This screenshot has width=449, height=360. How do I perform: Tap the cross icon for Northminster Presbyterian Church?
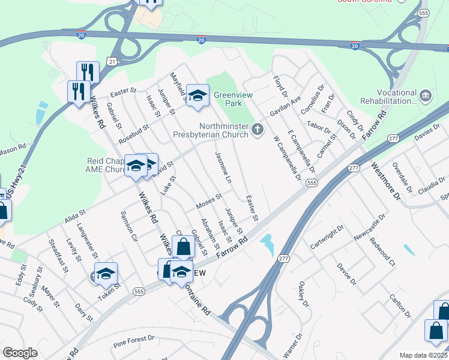coord(258,130)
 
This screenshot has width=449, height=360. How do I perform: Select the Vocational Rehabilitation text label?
coord(389,97)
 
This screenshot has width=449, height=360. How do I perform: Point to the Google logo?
coord(20,353)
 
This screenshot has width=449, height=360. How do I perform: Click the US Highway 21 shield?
coord(111,61)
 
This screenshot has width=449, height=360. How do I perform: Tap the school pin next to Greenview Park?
coord(197,96)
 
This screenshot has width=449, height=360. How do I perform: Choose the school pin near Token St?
coord(106,274)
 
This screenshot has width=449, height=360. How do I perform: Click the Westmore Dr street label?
coord(385,180)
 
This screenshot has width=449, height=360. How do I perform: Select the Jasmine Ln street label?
coord(222,167)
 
